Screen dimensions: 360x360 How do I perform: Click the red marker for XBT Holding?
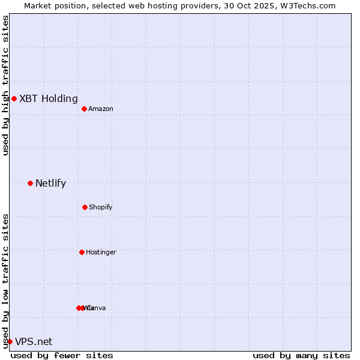(14, 98)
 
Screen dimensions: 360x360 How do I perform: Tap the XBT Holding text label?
(49, 98)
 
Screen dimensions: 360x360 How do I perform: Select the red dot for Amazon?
(84, 109)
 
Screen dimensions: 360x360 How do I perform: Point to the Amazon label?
(101, 109)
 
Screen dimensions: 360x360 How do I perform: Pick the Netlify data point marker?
(30, 183)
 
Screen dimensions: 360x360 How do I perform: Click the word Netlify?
(51, 183)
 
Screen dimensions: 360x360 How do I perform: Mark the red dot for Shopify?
(85, 207)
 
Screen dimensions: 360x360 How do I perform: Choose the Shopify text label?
(101, 207)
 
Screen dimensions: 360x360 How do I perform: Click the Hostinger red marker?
(82, 252)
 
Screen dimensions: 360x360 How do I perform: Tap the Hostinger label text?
(101, 252)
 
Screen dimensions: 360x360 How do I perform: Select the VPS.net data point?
(10, 341)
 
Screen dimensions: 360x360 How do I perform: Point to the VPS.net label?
(34, 341)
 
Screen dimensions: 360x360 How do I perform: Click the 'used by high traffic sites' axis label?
(5, 85)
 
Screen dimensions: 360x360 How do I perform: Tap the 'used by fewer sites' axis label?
(62, 355)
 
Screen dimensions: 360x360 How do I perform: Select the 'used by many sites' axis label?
(301, 355)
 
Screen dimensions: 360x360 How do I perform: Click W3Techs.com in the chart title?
(309, 5)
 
